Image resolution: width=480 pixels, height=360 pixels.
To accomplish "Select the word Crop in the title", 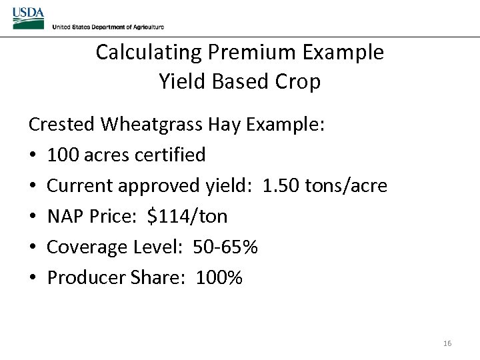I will tap(299, 81).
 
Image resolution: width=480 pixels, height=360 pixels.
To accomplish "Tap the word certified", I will tap(170, 155).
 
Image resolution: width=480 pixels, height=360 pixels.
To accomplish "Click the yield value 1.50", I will tap(281, 185).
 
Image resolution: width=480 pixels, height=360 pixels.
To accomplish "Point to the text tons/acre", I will tap(346, 185).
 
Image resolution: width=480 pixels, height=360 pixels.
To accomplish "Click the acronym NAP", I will tap(65, 216).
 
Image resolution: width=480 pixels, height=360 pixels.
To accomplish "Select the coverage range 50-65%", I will tap(225, 247).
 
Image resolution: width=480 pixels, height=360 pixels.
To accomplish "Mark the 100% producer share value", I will tap(219, 277).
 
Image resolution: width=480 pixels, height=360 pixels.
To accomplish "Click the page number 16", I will tap(447, 343).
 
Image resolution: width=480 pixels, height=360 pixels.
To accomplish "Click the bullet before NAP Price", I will tap(33, 216).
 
